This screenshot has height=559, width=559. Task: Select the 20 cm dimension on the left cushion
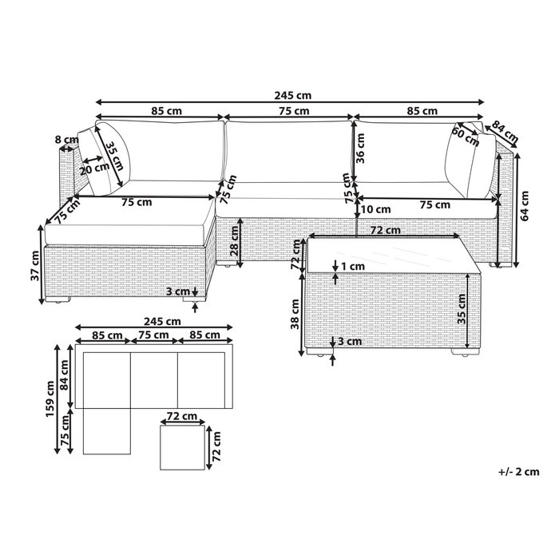(95, 168)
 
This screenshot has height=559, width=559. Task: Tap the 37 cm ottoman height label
(35, 264)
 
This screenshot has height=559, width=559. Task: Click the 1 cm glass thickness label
(351, 266)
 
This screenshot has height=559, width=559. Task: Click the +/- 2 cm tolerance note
(517, 472)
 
